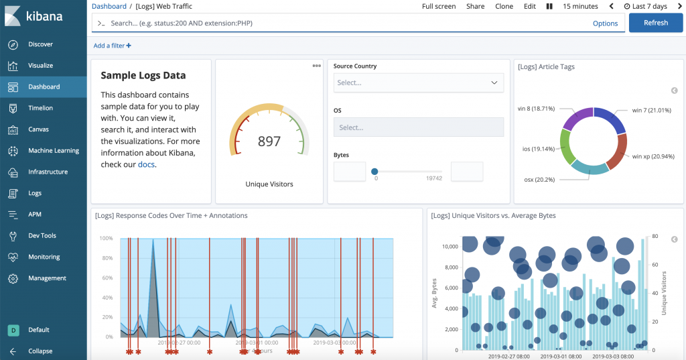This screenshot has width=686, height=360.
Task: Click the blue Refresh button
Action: [655, 23]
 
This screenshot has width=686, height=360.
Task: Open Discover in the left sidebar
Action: [40, 44]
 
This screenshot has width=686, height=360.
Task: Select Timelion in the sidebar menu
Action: [40, 108]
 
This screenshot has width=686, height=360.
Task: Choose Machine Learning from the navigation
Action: [53, 151]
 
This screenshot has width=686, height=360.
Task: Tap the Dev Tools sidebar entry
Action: [42, 236]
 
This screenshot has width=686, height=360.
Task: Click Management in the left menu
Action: [47, 278]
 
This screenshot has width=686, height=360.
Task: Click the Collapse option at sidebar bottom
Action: [40, 351]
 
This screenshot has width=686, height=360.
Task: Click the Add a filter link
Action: [112, 46]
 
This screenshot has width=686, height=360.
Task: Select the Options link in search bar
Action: [605, 23]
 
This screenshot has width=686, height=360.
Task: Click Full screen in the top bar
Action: [439, 6]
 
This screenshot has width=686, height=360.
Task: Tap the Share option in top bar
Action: [476, 6]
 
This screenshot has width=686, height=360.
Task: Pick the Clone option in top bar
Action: [504, 6]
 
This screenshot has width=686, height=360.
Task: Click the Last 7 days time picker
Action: [649, 6]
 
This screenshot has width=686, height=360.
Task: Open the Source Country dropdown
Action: [419, 82]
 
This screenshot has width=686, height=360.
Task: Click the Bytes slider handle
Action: [374, 172]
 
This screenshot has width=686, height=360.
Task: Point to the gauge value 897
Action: [269, 141]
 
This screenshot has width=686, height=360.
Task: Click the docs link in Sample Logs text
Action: [146, 164]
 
